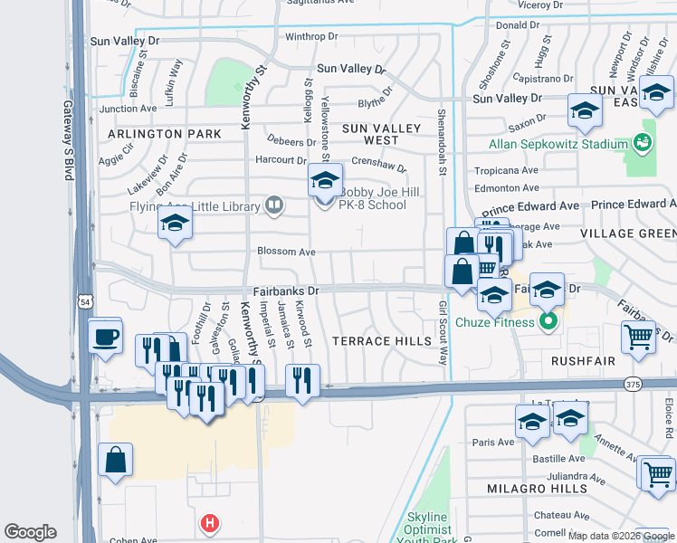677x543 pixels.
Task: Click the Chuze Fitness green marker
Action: pyautogui.click(x=548, y=321)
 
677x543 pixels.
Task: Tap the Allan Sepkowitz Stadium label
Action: pyautogui.click(x=558, y=144)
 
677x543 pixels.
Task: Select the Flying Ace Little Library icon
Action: pyautogui.click(x=274, y=206)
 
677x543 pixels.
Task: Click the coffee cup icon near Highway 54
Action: pyautogui.click(x=105, y=337)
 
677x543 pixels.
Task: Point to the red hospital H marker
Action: pyautogui.click(x=210, y=523)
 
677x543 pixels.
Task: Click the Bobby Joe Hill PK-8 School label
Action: pyautogui.click(x=373, y=197)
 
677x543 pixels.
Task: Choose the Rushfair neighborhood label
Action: pyautogui.click(x=584, y=360)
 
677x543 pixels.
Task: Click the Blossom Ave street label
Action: pyautogui.click(x=286, y=252)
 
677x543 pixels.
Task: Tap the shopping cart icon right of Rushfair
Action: pyautogui.click(x=638, y=337)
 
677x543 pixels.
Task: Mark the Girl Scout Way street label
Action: pyautogui.click(x=443, y=333)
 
